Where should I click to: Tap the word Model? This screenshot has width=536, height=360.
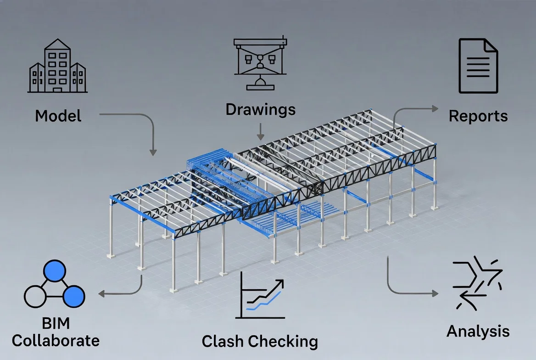(58, 115)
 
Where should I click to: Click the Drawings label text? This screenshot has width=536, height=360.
(260, 110)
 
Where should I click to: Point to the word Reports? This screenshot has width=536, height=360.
(478, 116)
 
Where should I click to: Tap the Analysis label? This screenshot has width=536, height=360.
(478, 331)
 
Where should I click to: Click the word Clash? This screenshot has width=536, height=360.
(223, 341)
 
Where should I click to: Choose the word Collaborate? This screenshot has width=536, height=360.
(56, 340)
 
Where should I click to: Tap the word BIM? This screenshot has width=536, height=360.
(56, 323)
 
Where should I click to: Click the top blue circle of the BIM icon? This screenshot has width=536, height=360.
(55, 272)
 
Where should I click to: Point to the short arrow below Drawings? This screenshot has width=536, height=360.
(260, 131)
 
